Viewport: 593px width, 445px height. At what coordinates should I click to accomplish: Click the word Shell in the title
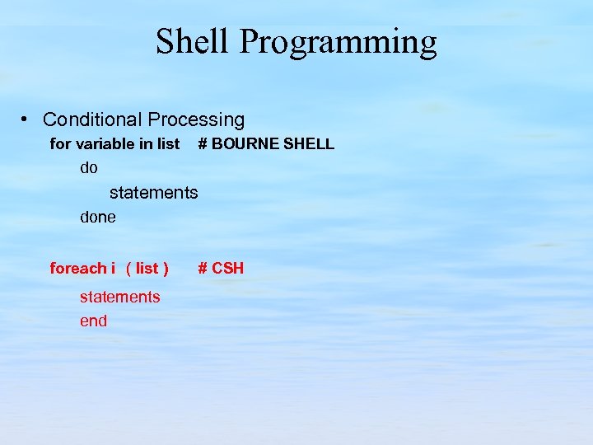(191, 42)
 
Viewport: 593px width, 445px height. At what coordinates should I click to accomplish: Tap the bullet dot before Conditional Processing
(26, 120)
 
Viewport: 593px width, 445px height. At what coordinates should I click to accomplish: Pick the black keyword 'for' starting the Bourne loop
(60, 144)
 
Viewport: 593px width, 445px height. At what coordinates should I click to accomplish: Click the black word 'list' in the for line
(168, 144)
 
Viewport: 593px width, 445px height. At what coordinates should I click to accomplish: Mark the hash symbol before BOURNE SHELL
(202, 144)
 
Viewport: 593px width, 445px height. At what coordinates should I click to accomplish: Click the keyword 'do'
(88, 168)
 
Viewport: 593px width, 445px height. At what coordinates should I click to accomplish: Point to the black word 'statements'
(153, 193)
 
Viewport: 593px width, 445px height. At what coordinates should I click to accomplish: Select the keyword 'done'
(97, 218)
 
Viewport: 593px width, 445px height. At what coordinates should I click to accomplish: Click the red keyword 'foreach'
(77, 268)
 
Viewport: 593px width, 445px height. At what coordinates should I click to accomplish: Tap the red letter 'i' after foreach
(113, 268)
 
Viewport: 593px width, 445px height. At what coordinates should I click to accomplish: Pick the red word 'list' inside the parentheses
(147, 268)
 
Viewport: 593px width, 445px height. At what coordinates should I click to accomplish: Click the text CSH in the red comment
(228, 268)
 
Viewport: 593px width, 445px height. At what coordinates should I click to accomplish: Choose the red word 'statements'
(119, 297)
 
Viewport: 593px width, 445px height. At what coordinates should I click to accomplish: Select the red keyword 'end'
(93, 321)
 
